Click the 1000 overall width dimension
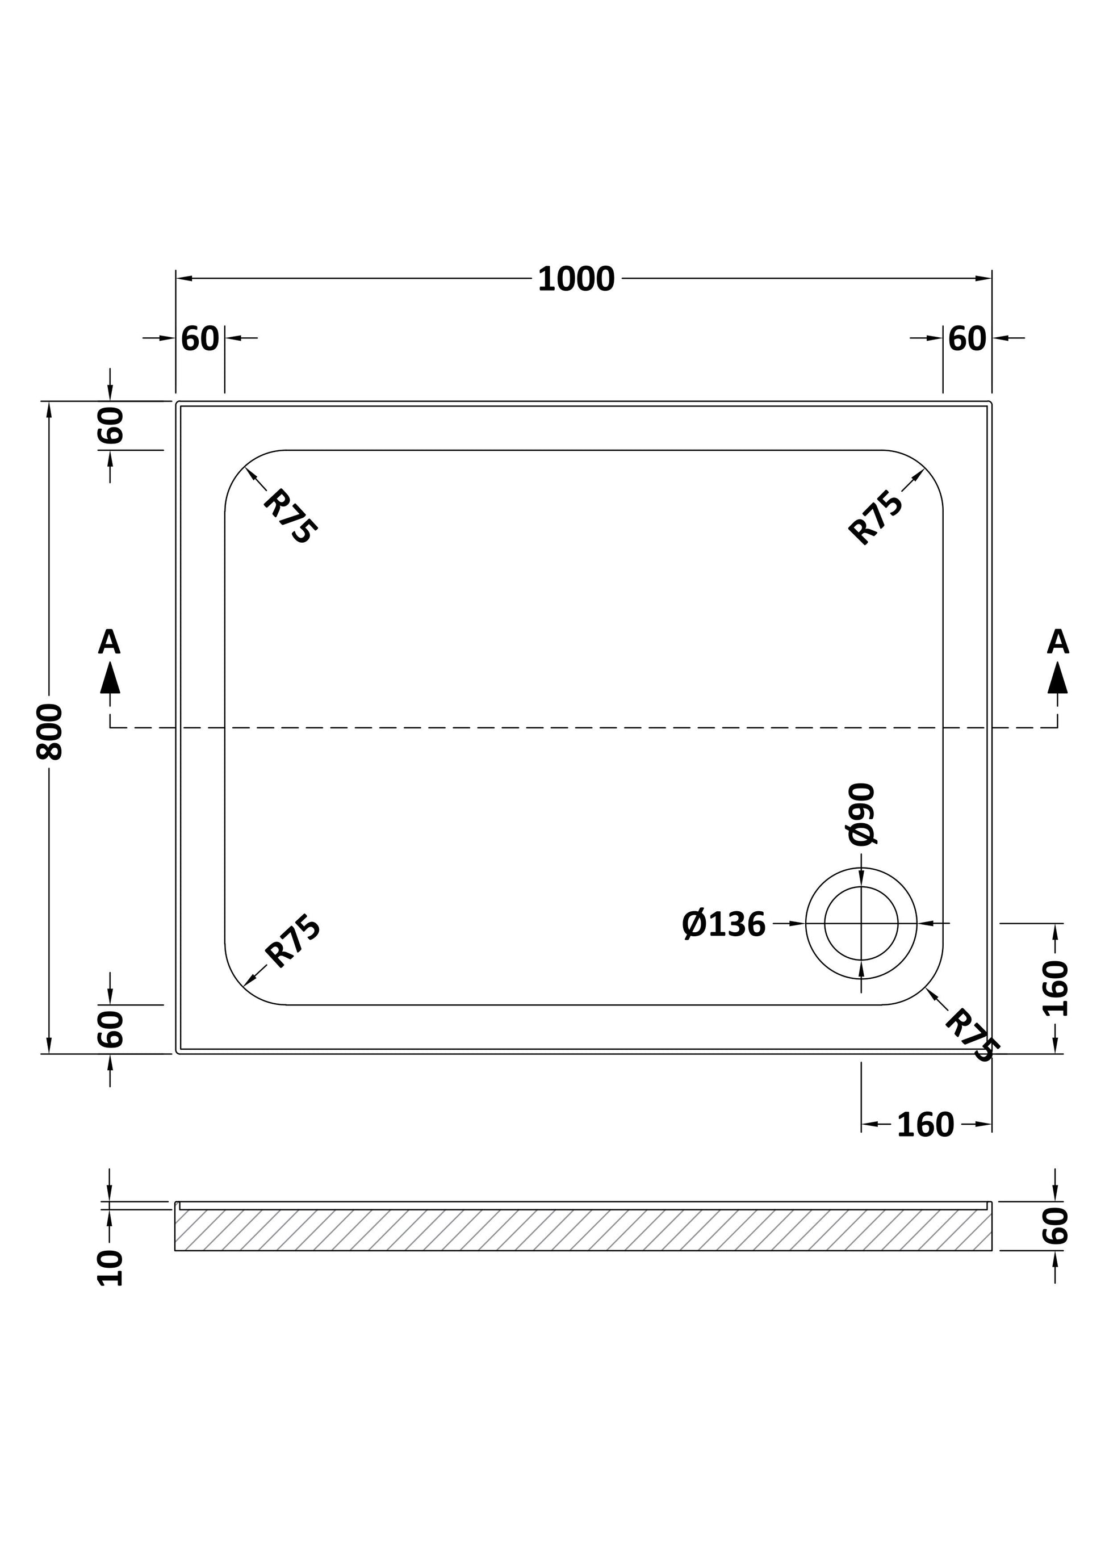pyautogui.click(x=576, y=279)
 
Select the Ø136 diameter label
pyautogui.click(x=724, y=924)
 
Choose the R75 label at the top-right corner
pyautogui.click(x=876, y=517)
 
